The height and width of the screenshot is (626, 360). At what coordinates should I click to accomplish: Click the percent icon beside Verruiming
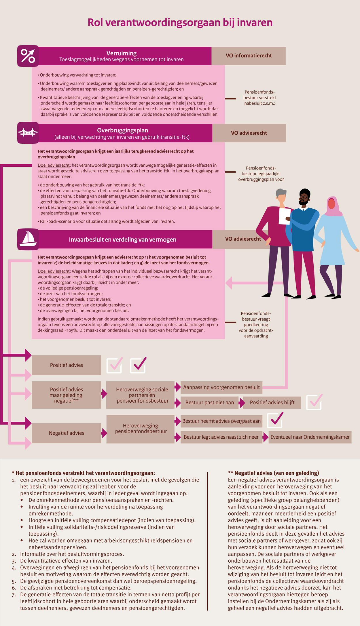pyautogui.click(x=28, y=56)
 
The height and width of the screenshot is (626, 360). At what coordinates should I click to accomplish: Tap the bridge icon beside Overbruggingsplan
pyautogui.click(x=28, y=133)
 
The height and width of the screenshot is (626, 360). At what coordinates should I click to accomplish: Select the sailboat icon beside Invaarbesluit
pyautogui.click(x=28, y=239)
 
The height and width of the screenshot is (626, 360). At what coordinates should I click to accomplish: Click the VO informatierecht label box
pyautogui.click(x=249, y=56)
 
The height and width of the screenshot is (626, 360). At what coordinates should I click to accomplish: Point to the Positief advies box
pyautogui.click(x=67, y=365)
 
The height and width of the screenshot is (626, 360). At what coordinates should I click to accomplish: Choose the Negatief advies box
pyautogui.click(x=67, y=433)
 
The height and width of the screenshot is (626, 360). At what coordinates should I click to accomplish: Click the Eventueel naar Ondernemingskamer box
pyautogui.click(x=310, y=437)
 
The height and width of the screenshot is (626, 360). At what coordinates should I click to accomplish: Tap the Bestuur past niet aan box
pyautogui.click(x=210, y=403)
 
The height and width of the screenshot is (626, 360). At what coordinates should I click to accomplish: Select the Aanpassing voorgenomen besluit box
pyautogui.click(x=221, y=387)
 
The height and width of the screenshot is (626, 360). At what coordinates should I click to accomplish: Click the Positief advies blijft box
pyautogui.click(x=272, y=403)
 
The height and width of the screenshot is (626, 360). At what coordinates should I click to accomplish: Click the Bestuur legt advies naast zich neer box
pyautogui.click(x=221, y=437)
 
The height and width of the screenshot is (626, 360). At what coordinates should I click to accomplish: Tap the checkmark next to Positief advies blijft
pyautogui.click(x=314, y=402)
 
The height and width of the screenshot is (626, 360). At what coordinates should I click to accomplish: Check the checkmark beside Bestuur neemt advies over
pyautogui.click(x=275, y=420)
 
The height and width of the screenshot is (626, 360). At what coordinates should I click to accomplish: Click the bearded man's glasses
pyautogui.click(x=304, y=197)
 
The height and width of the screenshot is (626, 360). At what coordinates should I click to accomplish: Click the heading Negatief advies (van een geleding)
pyautogui.click(x=274, y=473)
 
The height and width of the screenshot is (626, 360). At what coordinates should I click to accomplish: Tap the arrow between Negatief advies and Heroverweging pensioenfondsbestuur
pyautogui.click(x=104, y=433)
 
